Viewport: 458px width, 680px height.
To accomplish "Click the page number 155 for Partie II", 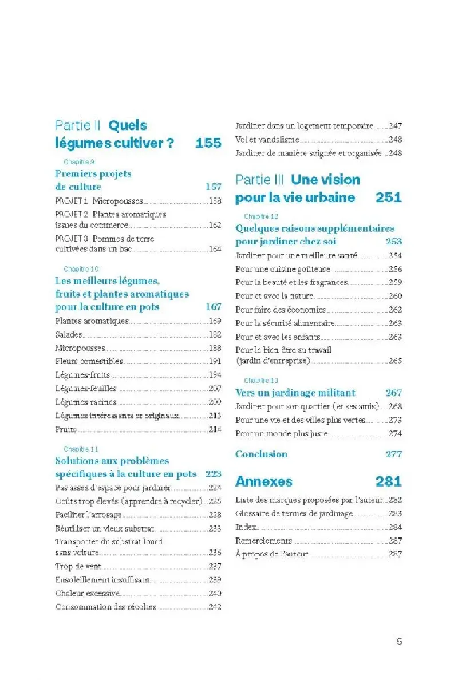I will coord(208,143).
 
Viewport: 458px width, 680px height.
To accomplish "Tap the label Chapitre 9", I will coord(75,162).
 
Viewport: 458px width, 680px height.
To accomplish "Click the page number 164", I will coord(215,249).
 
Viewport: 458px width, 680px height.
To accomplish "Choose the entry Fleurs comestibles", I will coord(89,361).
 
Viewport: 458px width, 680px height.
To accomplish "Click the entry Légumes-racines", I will coord(86,402).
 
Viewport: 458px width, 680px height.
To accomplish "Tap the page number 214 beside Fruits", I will coord(215,429).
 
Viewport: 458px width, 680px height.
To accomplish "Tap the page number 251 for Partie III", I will coord(388,198).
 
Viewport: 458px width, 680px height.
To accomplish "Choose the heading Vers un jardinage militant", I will coord(295,393).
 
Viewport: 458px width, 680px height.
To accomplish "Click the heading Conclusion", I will coord(261,454).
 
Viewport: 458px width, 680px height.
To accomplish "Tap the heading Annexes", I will coord(263,481).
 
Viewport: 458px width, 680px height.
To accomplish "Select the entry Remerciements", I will coord(263,540).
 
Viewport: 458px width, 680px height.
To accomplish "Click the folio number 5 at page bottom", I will coord(399,642).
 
